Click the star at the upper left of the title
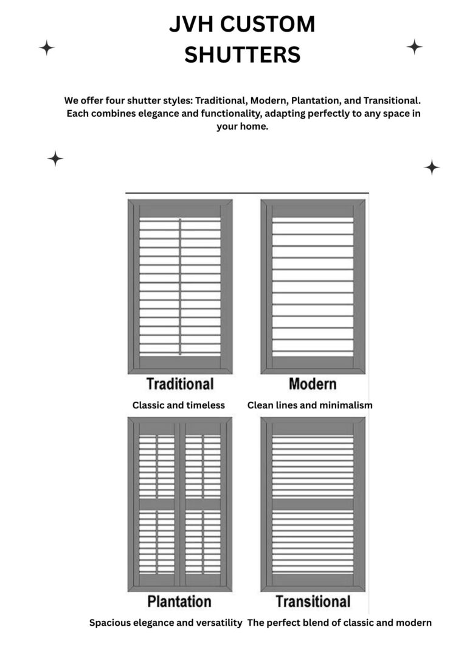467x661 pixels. [47, 47]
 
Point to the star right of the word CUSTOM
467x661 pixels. [414, 46]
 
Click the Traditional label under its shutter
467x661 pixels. [179, 384]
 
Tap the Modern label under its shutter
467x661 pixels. [312, 384]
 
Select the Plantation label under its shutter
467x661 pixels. [179, 601]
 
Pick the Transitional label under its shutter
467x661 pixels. [313, 601]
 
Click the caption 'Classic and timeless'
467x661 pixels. [179, 405]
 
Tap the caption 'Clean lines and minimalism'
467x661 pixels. [310, 405]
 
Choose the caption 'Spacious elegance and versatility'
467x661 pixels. [166, 623]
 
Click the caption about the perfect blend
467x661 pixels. [339, 623]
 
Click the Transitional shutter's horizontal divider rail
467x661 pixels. [313, 503]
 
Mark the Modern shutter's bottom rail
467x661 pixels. [313, 362]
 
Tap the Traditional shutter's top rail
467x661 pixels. [180, 211]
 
